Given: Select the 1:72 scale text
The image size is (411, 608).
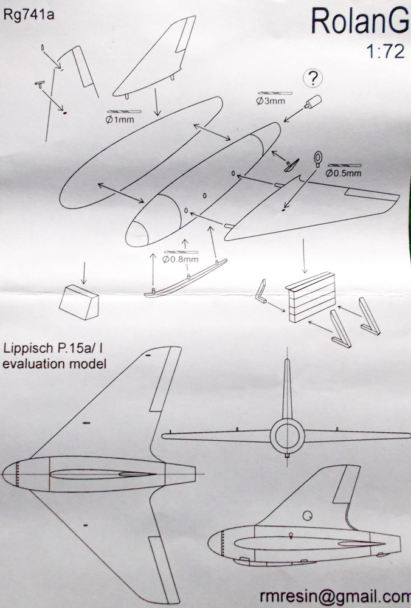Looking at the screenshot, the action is tap(387, 52).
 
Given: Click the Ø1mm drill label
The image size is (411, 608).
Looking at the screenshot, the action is tap(120, 120).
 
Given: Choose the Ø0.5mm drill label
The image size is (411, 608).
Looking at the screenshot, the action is tap(344, 173).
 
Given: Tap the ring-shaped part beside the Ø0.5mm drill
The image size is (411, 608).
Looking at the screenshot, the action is tap(319, 159).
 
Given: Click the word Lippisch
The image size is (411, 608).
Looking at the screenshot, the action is tap(29, 350).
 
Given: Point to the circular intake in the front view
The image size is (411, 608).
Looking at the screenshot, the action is tap(286, 435).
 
